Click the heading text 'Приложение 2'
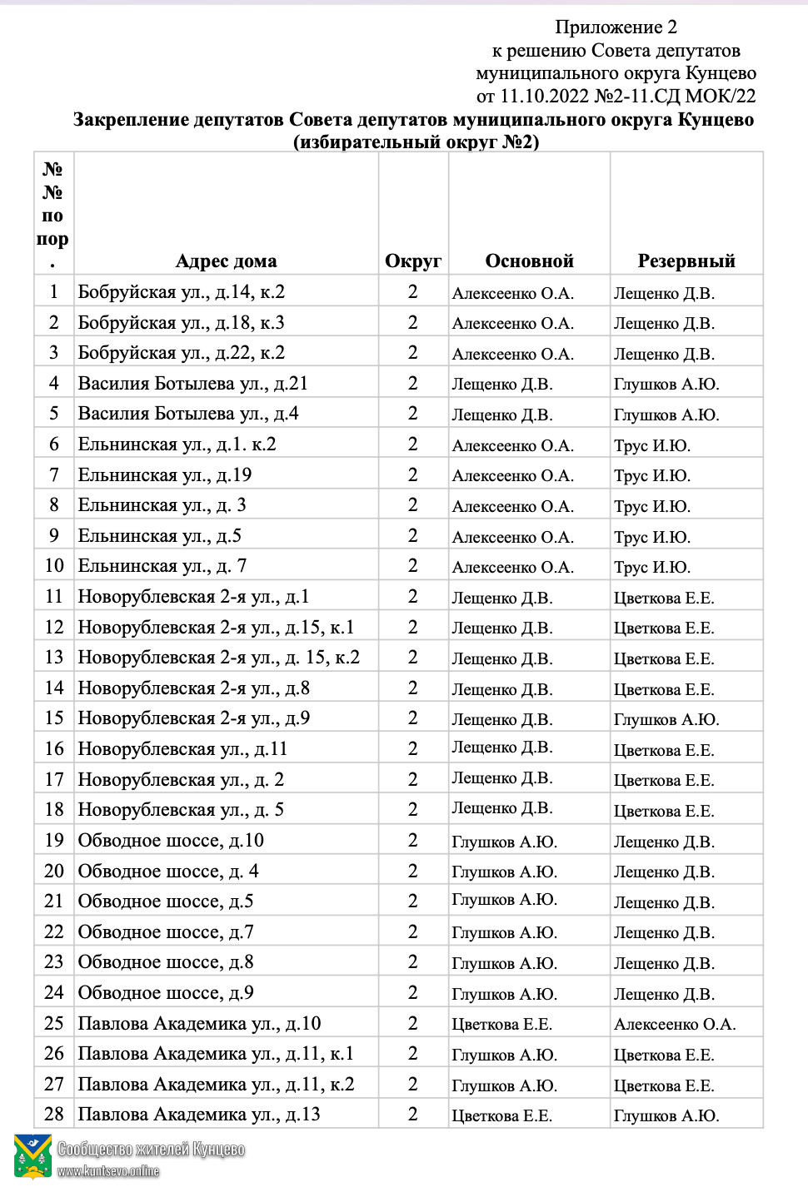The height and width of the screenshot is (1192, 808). point(616,27)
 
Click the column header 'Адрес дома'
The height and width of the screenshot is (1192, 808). point(226,261)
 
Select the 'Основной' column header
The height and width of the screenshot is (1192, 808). point(529,261)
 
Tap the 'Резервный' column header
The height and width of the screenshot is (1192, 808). point(686,261)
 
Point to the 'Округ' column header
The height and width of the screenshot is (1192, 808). point(413,261)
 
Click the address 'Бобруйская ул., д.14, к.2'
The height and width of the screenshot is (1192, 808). point(182,292)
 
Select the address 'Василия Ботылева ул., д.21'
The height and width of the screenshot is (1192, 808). point(192,384)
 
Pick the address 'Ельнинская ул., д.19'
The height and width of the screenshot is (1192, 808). point(165,475)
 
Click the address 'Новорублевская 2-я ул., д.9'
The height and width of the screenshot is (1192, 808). point(193,718)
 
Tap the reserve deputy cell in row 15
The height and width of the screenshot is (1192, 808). point(666,719)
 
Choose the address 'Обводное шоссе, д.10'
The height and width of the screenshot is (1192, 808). point(171,841)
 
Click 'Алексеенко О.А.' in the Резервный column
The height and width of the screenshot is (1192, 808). point(675,1024)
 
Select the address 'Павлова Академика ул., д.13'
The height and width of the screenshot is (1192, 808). point(199,1115)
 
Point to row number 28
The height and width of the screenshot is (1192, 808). point(54,1115)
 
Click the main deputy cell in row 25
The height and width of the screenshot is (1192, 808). point(502,1024)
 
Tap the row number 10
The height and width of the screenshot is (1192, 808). point(54,566)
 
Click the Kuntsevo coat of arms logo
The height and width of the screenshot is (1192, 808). point(32,1157)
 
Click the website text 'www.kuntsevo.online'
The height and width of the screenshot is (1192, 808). point(108,1171)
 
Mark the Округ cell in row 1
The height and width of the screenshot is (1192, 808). point(413,292)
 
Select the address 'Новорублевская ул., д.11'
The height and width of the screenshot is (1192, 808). point(182,749)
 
